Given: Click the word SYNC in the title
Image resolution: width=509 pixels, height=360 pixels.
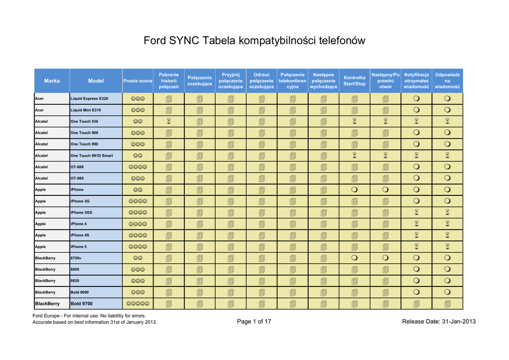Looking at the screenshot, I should [185, 41].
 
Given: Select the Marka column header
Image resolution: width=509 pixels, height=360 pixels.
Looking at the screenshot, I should [52, 81].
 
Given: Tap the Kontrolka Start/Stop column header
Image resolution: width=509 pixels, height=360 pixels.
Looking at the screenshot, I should [354, 81].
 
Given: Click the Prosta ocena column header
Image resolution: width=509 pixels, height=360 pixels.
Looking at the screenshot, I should [138, 81].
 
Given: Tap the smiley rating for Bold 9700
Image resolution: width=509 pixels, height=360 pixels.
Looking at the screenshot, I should [138, 303].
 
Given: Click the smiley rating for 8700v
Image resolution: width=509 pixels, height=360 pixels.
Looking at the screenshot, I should [138, 258].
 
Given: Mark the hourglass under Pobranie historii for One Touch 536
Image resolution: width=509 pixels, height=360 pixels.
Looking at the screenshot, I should [169, 121].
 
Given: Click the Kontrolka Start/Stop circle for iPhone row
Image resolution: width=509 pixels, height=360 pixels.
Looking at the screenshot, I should [354, 190].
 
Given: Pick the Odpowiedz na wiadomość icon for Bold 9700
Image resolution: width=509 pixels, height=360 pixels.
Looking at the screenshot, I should [447, 303].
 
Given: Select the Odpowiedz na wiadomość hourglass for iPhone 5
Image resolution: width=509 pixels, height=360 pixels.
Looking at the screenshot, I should [447, 247].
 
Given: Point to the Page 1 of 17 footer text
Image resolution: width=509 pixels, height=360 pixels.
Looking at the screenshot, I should [254, 322].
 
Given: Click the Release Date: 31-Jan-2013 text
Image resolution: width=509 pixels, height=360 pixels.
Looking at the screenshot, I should [438, 322].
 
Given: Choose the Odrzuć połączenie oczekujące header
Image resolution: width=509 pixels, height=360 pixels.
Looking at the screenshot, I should [261, 81].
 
